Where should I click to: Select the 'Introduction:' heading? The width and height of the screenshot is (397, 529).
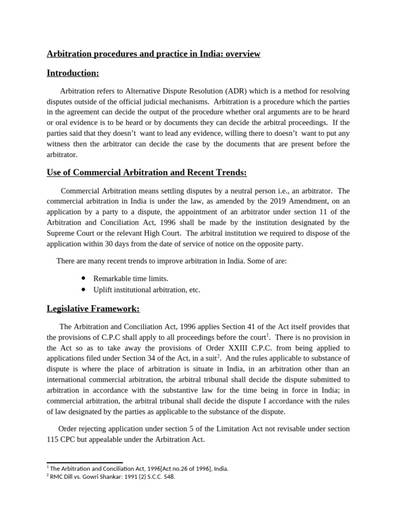73,73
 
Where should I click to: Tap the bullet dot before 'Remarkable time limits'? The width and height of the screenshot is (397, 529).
84,278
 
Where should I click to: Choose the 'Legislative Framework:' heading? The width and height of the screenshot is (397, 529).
93,309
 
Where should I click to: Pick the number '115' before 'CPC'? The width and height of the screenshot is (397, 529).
53,440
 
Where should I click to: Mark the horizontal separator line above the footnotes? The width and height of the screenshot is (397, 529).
85,463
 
